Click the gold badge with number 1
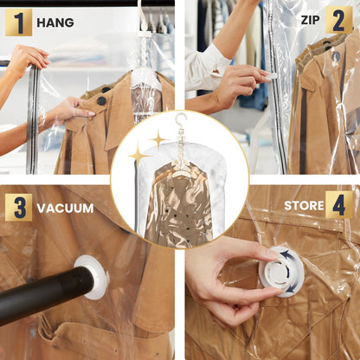click(18, 22)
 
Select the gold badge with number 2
click(338, 20)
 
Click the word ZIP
click(310, 20)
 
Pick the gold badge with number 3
click(18, 207)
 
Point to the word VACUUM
click(65, 208)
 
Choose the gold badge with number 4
click(339, 205)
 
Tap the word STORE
click(303, 206)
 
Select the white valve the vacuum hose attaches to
click(92, 277)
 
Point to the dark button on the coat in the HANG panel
click(101, 100)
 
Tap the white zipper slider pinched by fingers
click(271, 76)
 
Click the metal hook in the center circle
click(180, 122)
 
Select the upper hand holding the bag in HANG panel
click(26, 59)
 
